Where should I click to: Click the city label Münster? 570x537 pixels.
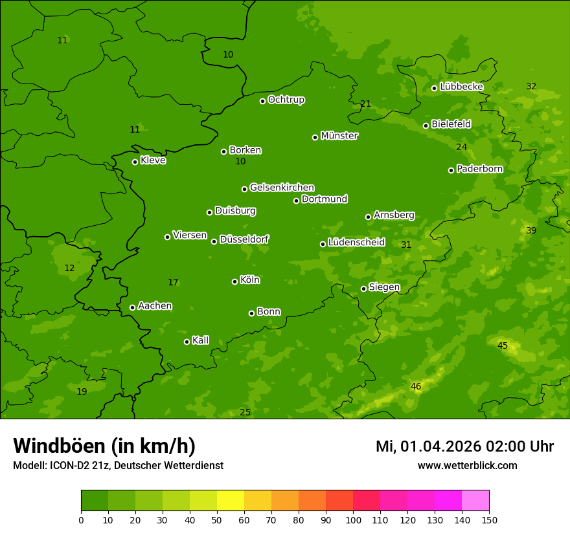point(339,136)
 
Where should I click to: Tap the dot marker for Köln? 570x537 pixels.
point(234,281)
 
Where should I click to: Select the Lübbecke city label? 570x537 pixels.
point(461,87)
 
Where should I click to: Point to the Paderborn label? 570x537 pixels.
point(479,169)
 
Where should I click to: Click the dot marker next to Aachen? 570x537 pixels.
point(132,307)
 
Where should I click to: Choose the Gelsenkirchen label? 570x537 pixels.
point(282,188)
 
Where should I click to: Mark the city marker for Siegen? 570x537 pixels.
point(363,289)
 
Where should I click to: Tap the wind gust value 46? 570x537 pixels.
point(416,386)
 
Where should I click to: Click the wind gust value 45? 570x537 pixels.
point(503,345)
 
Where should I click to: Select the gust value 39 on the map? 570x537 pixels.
point(531,230)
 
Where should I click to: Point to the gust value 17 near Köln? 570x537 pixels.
point(173,282)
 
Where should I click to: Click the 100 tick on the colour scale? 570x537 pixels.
point(353,520)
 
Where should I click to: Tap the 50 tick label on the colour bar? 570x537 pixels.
point(217,520)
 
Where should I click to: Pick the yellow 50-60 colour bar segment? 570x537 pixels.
point(231,501)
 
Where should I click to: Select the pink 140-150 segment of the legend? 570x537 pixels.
point(475,501)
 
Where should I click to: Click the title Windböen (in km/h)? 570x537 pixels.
point(104,446)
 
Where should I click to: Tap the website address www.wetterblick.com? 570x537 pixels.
point(467,466)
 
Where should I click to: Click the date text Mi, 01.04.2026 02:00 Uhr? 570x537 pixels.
point(464,446)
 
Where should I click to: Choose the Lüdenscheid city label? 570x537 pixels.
point(356,243)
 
